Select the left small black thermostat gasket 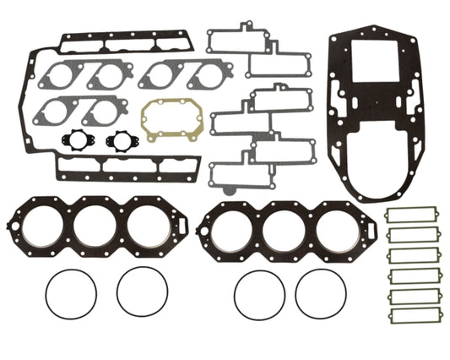74,141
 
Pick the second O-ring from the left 142,292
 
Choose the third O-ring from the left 258,292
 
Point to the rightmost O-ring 321,292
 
